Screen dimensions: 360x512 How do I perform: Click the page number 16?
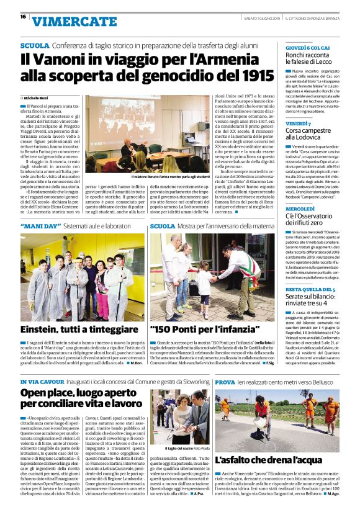[24, 17]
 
